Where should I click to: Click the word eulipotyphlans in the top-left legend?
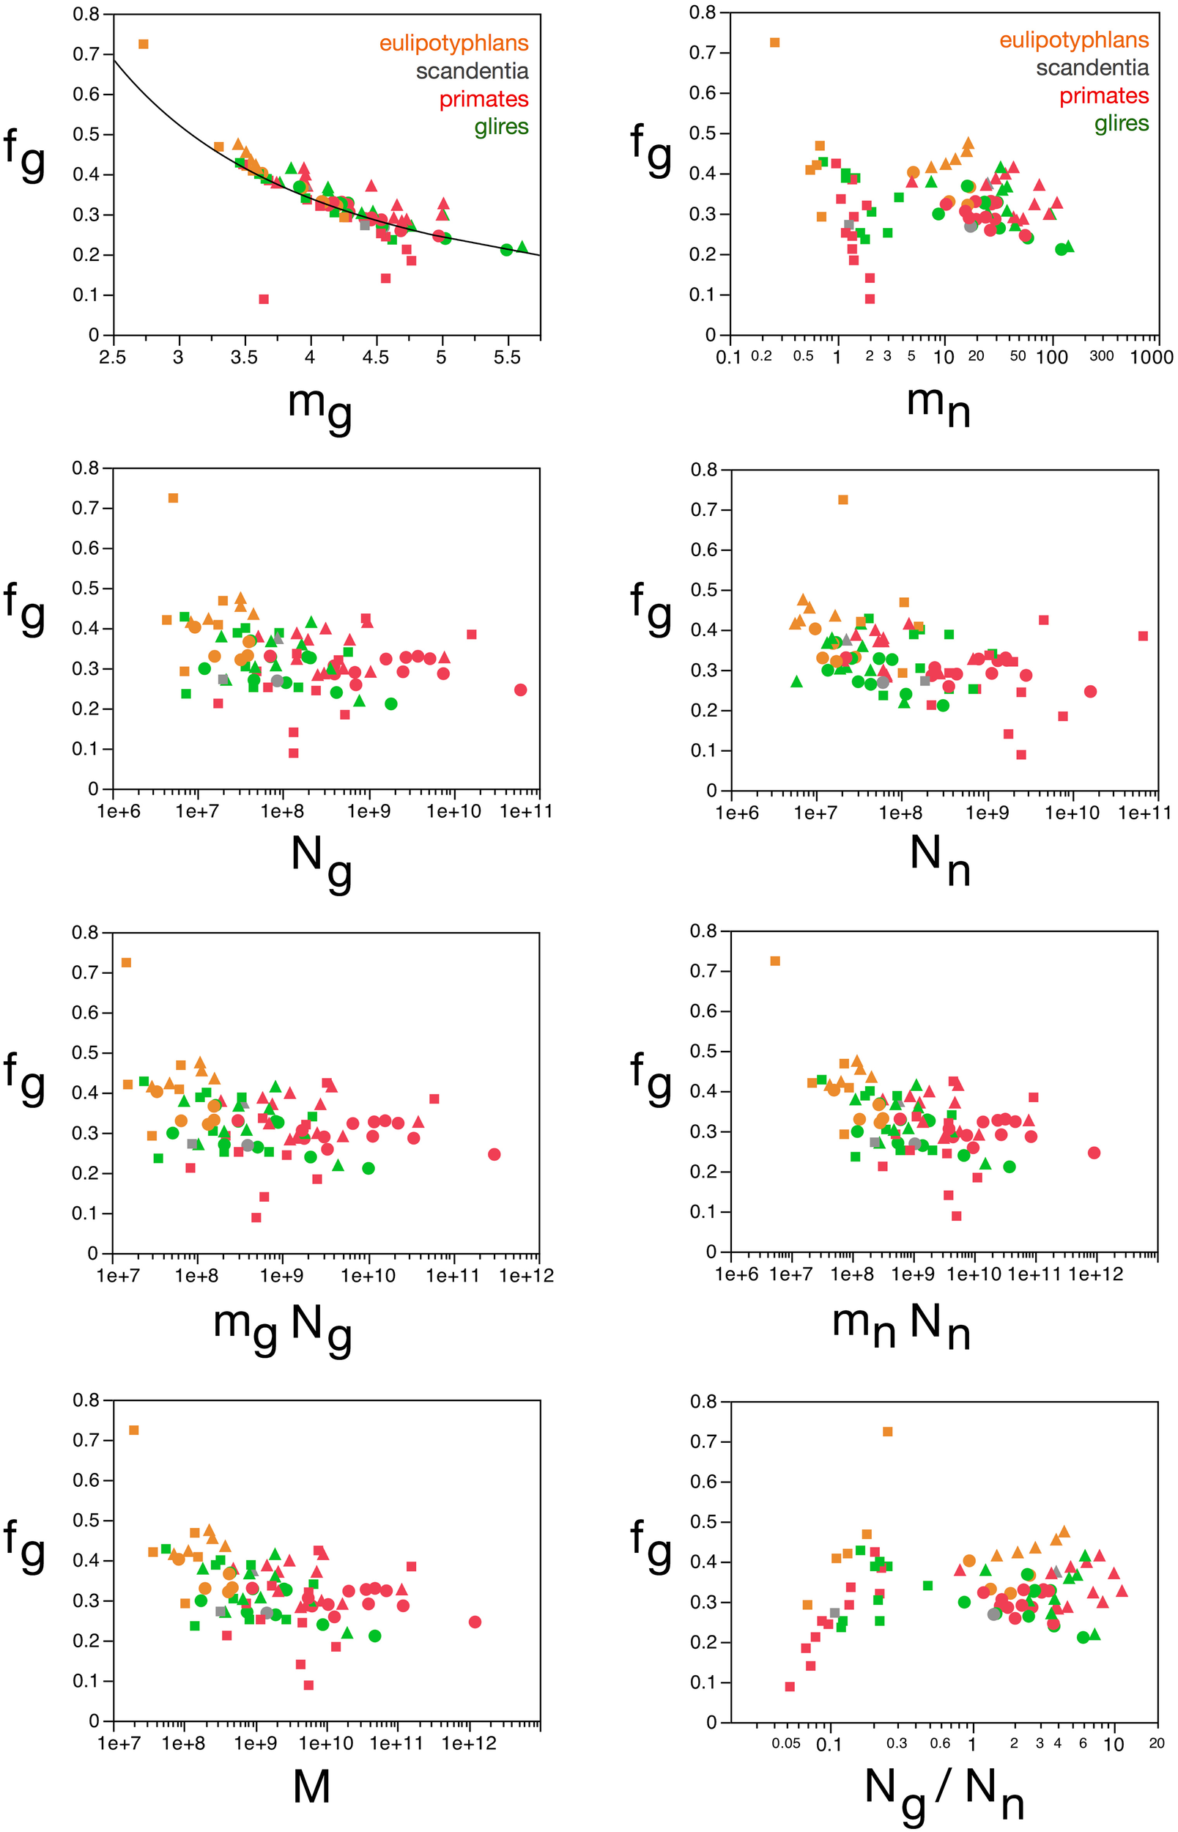coord(453,43)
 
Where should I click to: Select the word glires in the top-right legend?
coord(1122,123)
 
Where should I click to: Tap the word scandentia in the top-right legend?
coord(1092,67)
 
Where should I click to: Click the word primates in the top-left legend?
coord(484,99)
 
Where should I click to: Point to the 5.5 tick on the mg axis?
coord(506,356)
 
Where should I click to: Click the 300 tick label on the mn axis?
coord(1101,355)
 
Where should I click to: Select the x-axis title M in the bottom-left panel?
coord(311,1787)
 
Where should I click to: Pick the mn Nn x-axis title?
coord(901,1327)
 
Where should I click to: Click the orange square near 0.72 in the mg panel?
coord(143,45)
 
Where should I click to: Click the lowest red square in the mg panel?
coord(264,299)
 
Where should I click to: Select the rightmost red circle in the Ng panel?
coord(521,690)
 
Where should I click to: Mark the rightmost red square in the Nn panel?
coord(1143,635)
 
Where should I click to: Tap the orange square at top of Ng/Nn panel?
coord(887,1431)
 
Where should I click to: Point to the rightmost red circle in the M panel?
coord(475,1622)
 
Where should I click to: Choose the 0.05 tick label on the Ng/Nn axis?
coord(785,1743)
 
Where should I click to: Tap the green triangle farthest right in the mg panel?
coord(522,246)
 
